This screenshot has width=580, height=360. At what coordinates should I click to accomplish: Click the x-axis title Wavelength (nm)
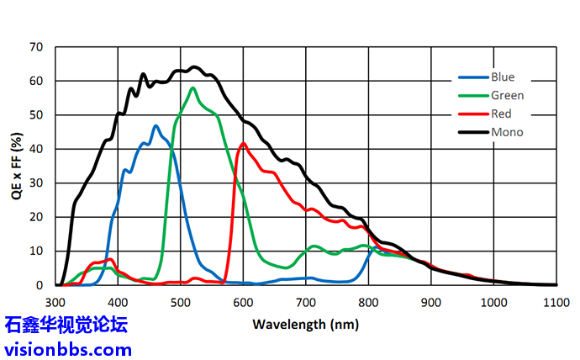click(x=304, y=323)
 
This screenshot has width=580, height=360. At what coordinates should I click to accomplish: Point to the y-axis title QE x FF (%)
click(x=16, y=166)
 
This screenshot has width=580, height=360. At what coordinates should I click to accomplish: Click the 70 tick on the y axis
click(x=36, y=47)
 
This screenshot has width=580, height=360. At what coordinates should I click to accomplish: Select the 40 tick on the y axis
click(x=36, y=150)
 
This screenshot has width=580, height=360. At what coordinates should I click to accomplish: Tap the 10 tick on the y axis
click(x=36, y=251)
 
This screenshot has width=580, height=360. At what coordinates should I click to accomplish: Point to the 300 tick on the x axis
click(x=55, y=301)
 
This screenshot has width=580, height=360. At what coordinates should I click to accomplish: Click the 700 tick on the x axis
click(x=306, y=301)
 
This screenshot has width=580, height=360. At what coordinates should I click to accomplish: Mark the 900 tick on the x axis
click(x=431, y=301)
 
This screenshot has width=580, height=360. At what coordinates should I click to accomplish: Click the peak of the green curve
click(x=192, y=87)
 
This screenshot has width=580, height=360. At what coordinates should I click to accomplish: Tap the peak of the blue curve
click(x=156, y=126)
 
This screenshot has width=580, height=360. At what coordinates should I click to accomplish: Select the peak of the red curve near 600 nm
click(x=244, y=144)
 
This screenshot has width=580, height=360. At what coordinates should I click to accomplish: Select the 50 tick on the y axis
click(x=36, y=115)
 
